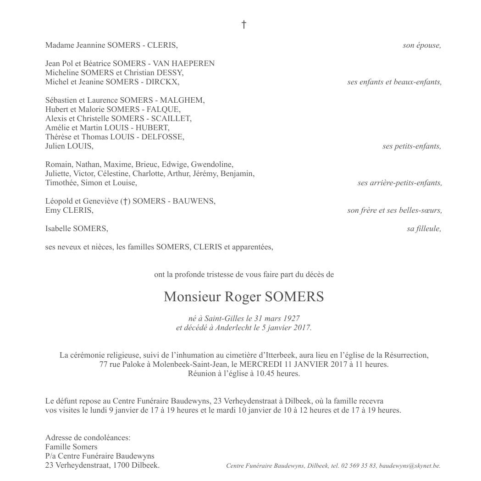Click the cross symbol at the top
(x=244, y=25)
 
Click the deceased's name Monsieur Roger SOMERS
(x=243, y=297)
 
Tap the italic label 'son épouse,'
(x=422, y=45)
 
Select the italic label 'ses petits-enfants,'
(x=412, y=146)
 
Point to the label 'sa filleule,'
(x=424, y=229)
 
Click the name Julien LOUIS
(x=69, y=146)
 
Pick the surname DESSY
(x=171, y=73)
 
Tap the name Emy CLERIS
(x=69, y=210)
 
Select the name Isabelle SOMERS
(x=77, y=229)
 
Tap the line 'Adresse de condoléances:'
(x=88, y=438)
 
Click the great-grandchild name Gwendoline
(x=211, y=165)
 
